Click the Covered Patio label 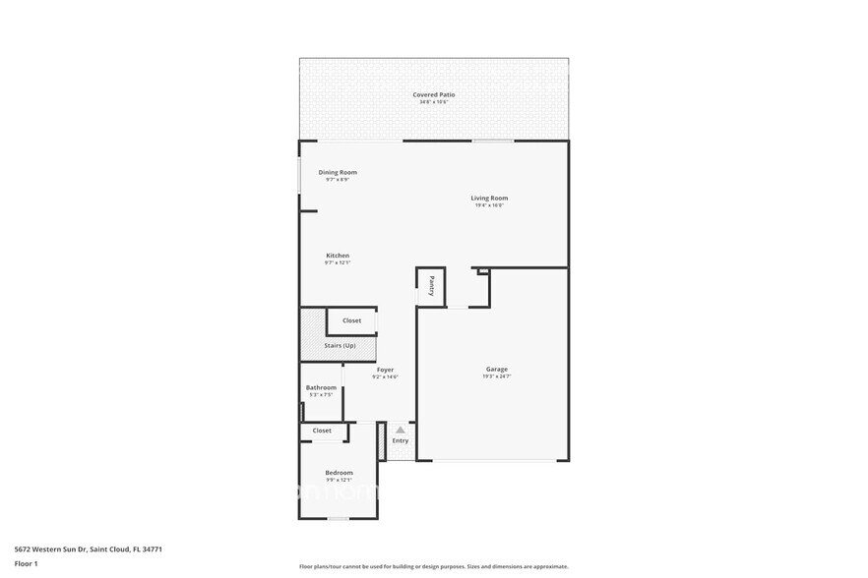tap(433, 94)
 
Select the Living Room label tap(489, 198)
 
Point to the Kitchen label tap(338, 256)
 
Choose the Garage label tap(496, 369)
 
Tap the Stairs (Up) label tap(340, 345)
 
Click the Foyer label tap(385, 370)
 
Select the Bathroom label tap(321, 387)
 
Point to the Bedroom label tap(339, 473)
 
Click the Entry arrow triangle tap(400, 430)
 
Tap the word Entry tap(400, 440)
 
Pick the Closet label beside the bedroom tap(322, 431)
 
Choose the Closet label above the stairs tap(351, 320)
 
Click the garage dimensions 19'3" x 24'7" tap(496, 376)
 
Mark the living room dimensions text tap(489, 205)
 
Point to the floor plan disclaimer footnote tap(433, 566)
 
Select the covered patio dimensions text tap(433, 102)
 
